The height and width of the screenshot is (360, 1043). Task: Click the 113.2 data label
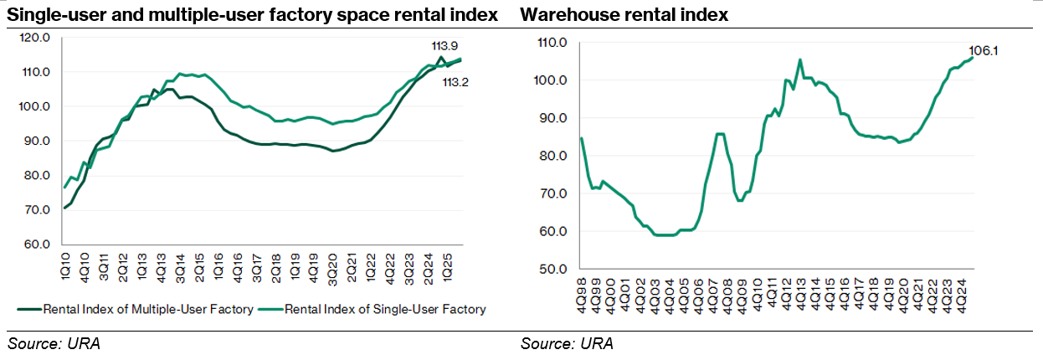click(455, 83)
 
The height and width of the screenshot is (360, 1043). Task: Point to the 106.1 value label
click(984, 51)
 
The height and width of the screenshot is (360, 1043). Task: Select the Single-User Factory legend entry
click(385, 310)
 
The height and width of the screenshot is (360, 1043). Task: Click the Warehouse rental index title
click(624, 15)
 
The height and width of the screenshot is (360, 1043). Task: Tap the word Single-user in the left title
click(49, 15)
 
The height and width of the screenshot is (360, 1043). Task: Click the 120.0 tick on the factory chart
click(37, 38)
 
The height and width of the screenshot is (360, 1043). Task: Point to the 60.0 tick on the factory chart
click(39, 244)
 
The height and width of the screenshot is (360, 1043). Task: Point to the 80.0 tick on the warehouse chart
click(552, 156)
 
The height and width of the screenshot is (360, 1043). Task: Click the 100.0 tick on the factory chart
click(37, 106)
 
